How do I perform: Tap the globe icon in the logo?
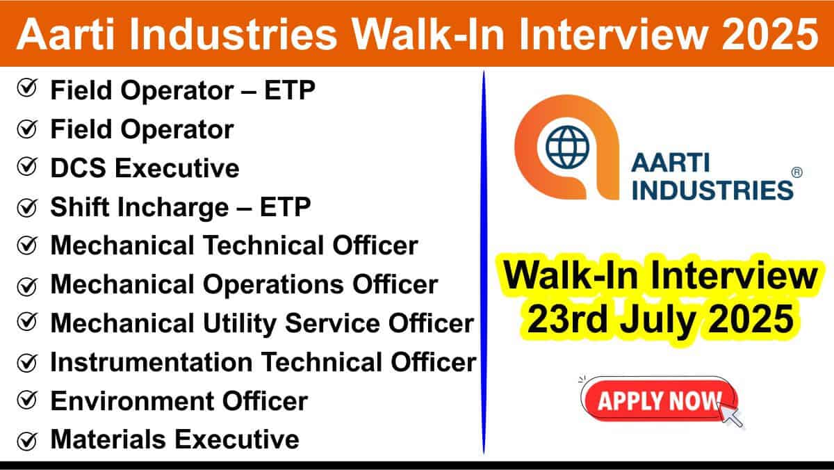point(567,147)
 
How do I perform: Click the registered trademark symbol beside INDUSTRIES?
point(796,172)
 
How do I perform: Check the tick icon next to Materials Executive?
point(27,441)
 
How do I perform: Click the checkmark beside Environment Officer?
point(27,400)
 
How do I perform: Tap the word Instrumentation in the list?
point(152,362)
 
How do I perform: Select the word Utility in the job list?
point(239,323)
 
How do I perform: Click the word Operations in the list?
point(273,285)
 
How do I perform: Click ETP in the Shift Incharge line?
point(285,207)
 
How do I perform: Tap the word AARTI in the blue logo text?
point(671,163)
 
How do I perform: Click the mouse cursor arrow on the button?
point(731,416)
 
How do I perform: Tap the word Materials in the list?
point(108,439)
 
